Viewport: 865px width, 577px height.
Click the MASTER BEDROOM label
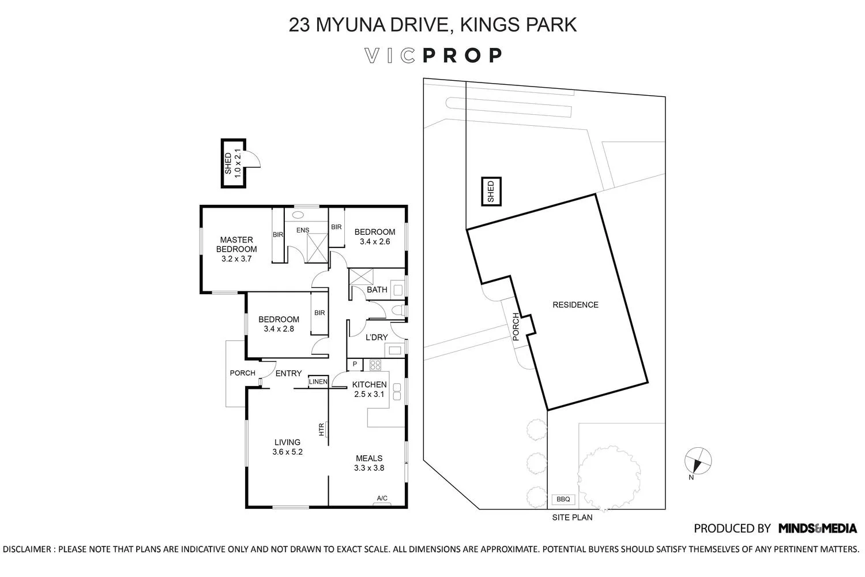(236, 244)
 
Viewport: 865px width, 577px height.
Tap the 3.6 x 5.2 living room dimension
(287, 452)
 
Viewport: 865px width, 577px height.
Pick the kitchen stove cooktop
(375, 365)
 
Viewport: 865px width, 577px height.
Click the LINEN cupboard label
(318, 382)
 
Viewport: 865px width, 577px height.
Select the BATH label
(377, 290)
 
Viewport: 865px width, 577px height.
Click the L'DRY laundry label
(377, 337)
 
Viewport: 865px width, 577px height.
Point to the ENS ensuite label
(303, 230)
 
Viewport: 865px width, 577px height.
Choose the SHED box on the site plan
(491, 192)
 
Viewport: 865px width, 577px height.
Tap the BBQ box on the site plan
(563, 499)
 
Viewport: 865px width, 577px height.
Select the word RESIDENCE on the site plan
(576, 305)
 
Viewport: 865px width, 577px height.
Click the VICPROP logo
(433, 55)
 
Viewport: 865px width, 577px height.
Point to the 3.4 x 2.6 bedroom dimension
(375, 242)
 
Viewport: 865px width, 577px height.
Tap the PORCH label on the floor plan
(242, 373)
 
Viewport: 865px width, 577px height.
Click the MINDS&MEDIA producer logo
(817, 528)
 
